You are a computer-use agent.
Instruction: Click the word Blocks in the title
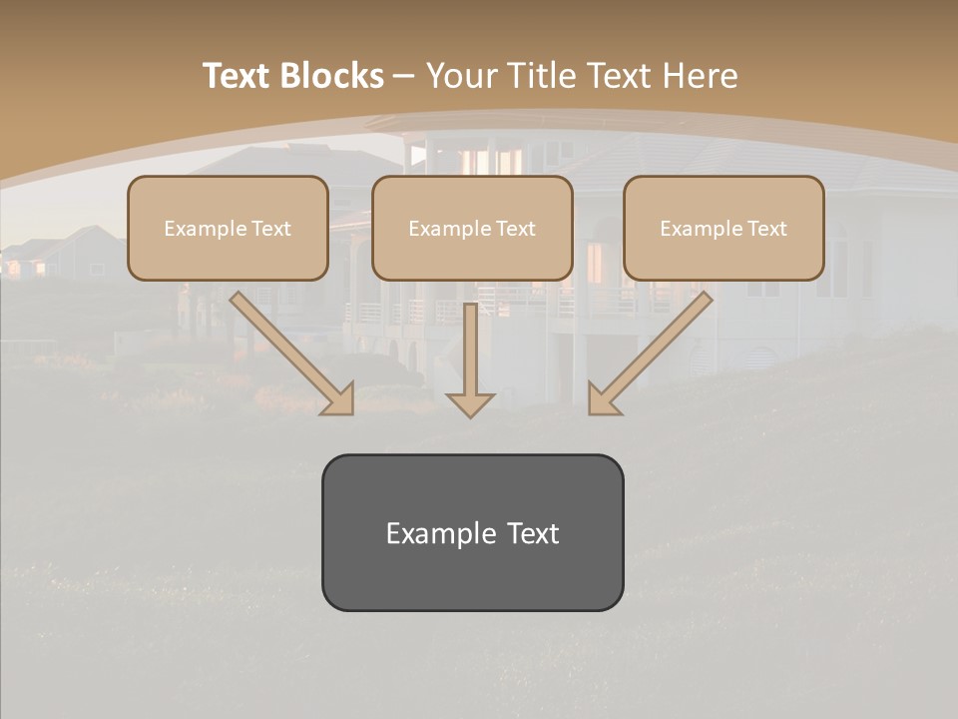332,76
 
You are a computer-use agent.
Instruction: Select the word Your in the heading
463,76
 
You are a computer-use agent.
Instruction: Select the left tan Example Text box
228,228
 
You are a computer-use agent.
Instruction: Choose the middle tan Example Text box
472,228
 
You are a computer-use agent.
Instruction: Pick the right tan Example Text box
723,228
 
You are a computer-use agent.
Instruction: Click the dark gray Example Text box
472,532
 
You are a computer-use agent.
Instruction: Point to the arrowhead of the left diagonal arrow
338,399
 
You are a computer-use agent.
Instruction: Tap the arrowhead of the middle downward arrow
470,403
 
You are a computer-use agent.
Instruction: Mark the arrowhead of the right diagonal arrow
603,399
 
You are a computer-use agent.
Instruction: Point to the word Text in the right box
766,229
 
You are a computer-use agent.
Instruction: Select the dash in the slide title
404,76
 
